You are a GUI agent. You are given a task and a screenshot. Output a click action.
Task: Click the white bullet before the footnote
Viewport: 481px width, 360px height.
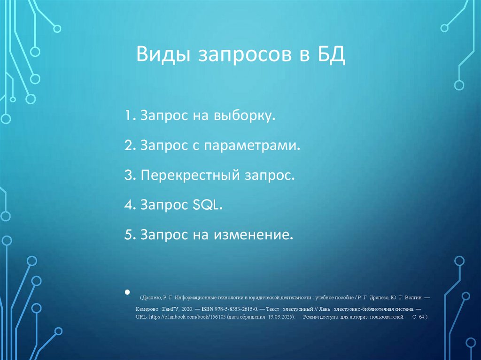(x=127, y=292)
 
